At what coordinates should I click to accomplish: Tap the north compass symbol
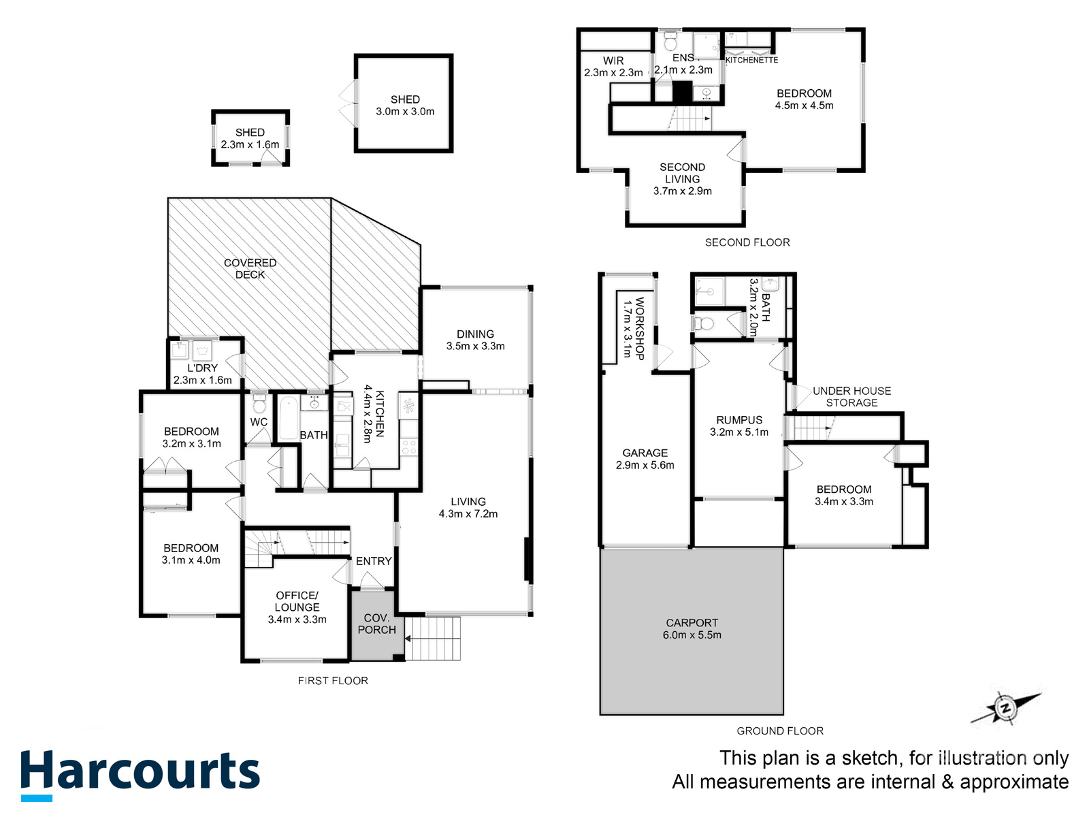1006,708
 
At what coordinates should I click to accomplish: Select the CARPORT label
692,622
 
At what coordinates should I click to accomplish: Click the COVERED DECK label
250,269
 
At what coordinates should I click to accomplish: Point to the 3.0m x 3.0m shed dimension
405,112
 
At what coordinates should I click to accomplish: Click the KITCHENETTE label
751,60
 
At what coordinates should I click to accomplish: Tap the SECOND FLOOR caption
747,242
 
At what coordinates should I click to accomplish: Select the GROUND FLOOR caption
780,731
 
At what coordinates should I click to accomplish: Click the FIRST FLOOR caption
333,681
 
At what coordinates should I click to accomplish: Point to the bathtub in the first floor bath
287,417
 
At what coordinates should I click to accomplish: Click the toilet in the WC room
259,403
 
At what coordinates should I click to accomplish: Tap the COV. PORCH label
376,624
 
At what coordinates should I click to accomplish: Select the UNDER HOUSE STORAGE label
851,397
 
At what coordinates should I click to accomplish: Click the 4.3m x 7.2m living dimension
468,514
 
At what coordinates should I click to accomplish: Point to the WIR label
613,61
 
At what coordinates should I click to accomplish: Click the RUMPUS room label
738,419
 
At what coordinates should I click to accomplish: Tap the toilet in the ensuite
670,39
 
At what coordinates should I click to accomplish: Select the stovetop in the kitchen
409,447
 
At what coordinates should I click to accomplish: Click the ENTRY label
374,561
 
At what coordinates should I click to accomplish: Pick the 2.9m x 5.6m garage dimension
645,465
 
